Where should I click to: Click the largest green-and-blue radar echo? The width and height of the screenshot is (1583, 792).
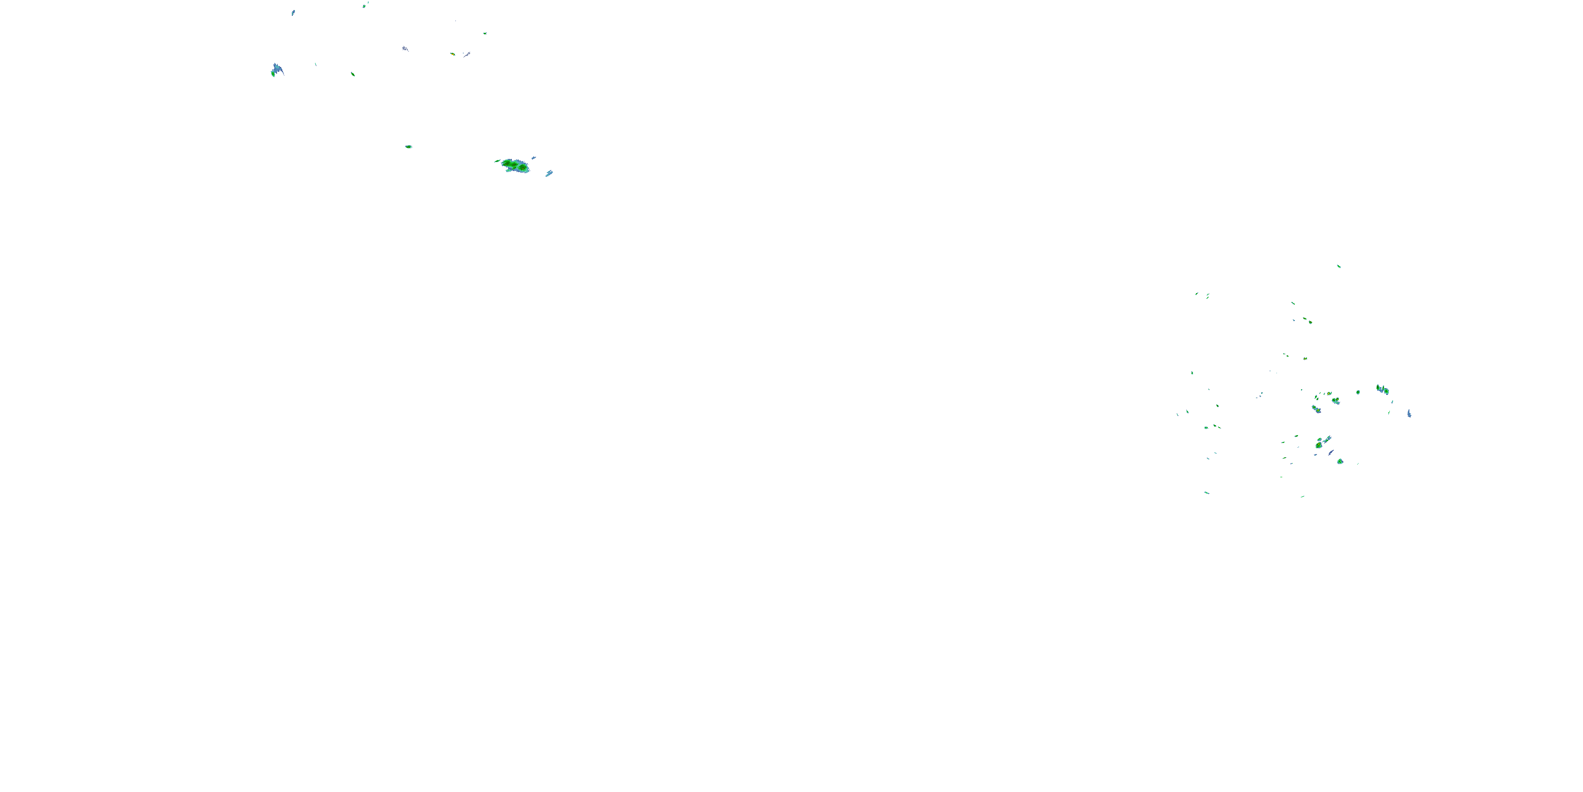coord(515,165)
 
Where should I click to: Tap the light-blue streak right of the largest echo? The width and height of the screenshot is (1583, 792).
coord(549,173)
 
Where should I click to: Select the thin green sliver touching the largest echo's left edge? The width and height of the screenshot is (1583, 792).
coord(497,161)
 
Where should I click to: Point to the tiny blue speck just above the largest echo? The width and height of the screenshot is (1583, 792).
coord(533,157)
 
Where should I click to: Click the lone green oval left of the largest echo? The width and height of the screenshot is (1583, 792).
coord(408,147)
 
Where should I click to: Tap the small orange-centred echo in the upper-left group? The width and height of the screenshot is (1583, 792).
coord(453,54)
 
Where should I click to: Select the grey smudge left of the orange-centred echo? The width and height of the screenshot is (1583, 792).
coord(405,49)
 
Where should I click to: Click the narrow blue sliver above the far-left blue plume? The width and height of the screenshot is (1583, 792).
coord(293,12)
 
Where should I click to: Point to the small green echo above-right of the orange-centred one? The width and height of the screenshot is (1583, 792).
coord(485,33)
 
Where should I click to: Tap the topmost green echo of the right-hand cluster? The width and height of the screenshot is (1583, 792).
coord(1338,266)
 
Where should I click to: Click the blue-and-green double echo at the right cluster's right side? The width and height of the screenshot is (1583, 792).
coord(1382,389)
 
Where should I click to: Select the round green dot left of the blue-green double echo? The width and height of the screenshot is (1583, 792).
coord(1358,392)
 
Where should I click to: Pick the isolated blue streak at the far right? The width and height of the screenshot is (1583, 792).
coord(1409,413)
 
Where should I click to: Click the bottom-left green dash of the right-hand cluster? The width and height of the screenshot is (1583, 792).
coord(1206,493)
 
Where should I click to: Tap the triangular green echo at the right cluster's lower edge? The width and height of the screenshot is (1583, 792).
coord(1340,461)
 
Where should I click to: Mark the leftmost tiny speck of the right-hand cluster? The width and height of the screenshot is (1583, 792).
coord(1177,414)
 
